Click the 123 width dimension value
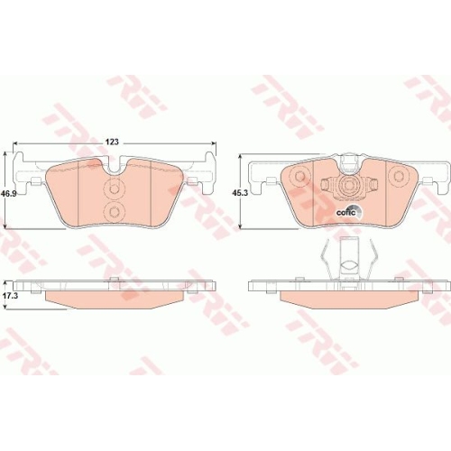[x=112, y=142]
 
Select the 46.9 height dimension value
[x=8, y=195]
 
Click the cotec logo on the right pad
[x=349, y=212]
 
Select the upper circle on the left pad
[x=114, y=189]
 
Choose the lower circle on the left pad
[x=114, y=211]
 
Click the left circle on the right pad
[x=300, y=176]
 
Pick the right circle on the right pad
[x=399, y=176]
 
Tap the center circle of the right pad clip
[x=349, y=184]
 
